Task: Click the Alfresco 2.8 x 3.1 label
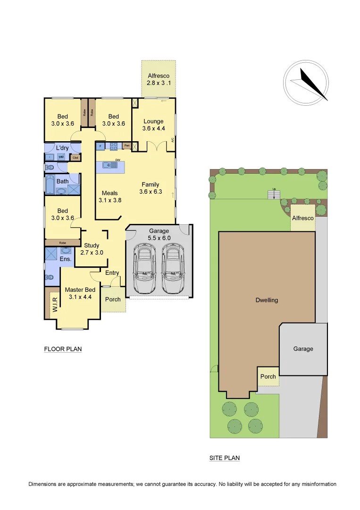click(x=158, y=79)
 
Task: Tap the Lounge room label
click(x=153, y=125)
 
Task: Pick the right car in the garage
click(x=172, y=268)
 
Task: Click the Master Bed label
click(x=80, y=293)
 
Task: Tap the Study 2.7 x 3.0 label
click(x=92, y=249)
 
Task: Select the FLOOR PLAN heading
click(x=63, y=349)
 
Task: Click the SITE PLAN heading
click(x=225, y=458)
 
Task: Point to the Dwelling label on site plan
click(x=267, y=300)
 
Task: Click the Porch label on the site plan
click(x=268, y=376)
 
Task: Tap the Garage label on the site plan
click(x=303, y=349)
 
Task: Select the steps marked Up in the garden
click(x=274, y=195)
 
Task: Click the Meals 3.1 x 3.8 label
click(x=110, y=196)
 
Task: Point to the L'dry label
click(x=62, y=148)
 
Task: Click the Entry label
click(x=112, y=273)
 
